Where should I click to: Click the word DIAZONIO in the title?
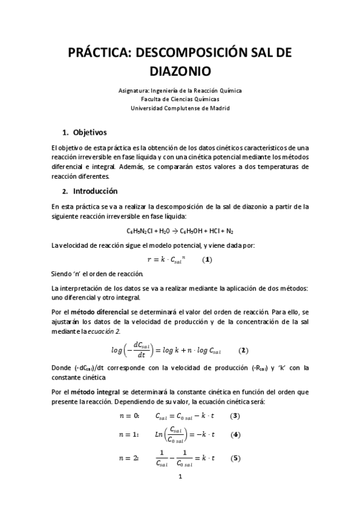(x=180, y=72)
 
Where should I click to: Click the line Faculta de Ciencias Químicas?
(x=180, y=99)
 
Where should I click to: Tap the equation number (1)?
(x=206, y=260)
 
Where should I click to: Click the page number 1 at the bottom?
(x=180, y=477)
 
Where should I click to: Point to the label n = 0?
(x=130, y=416)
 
